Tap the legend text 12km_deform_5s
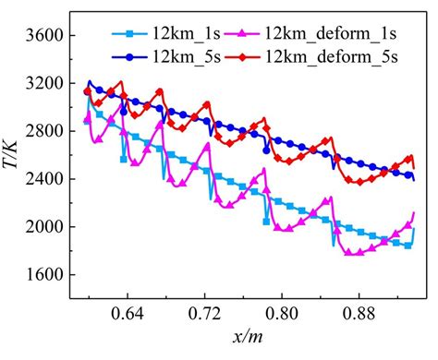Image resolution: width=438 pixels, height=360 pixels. point(327,56)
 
